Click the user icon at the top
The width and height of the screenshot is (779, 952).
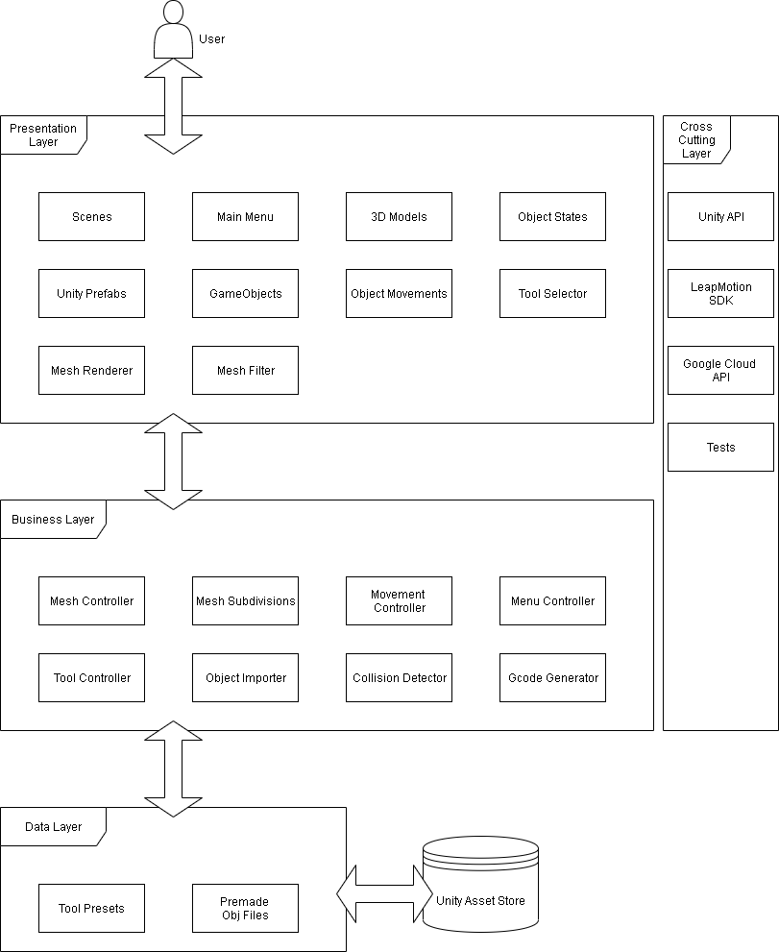click(173, 30)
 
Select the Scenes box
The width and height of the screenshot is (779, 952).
click(91, 216)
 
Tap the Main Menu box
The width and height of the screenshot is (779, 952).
click(245, 216)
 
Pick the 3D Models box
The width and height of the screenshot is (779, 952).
click(399, 216)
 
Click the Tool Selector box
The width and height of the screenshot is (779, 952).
click(552, 293)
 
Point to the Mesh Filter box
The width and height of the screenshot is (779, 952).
click(245, 370)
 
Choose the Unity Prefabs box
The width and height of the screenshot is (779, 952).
click(91, 293)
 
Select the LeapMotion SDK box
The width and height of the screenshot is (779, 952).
click(720, 293)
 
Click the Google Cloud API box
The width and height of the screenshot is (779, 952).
click(720, 370)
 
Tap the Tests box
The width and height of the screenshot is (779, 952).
click(720, 447)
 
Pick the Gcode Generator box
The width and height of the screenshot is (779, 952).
click(552, 677)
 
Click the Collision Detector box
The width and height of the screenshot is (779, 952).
click(399, 677)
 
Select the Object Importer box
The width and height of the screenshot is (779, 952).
click(245, 677)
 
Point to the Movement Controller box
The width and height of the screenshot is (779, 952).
click(399, 600)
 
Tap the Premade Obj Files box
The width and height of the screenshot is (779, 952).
click(245, 908)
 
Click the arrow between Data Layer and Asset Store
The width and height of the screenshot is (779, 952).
click(384, 893)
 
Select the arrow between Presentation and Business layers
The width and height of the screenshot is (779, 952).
click(173, 461)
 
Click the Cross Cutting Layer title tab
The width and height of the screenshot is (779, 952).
click(696, 139)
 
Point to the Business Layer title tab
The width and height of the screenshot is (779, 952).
click(53, 519)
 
